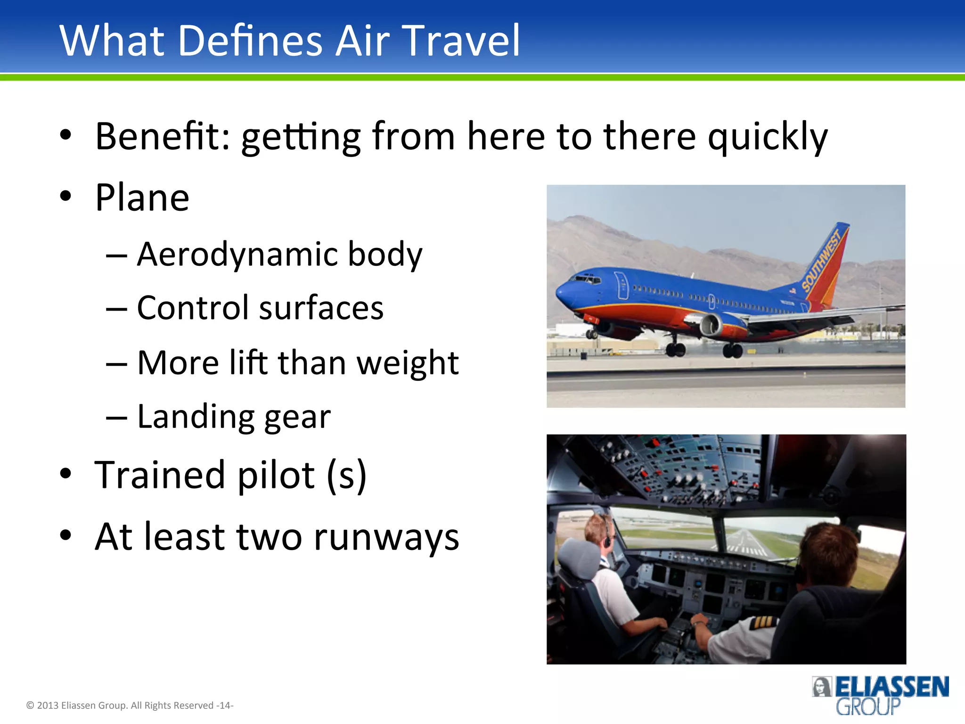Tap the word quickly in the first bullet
pyautogui.click(x=768, y=138)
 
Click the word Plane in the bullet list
pyautogui.click(x=142, y=198)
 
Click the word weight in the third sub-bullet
pyautogui.click(x=407, y=363)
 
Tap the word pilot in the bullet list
pyautogui.click(x=276, y=475)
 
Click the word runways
pyautogui.click(x=386, y=537)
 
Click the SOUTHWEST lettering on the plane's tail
pyautogui.click(x=822, y=260)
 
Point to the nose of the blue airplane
pyautogui.click(x=560, y=295)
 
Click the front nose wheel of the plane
pyautogui.click(x=591, y=334)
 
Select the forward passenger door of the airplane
pyautogui.click(x=622, y=285)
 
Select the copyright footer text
pyautogui.click(x=130, y=706)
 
